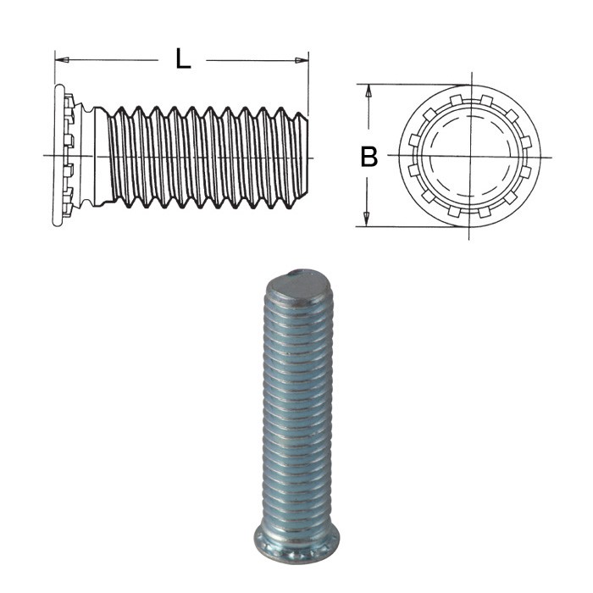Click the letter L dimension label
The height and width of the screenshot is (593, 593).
point(182,59)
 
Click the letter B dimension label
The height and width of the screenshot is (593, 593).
point(369,157)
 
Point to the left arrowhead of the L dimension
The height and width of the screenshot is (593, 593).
point(60,59)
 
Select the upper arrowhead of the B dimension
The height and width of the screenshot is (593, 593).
point(368,90)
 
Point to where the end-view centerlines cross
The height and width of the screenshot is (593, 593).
point(466,157)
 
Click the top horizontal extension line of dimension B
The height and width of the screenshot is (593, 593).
point(407,85)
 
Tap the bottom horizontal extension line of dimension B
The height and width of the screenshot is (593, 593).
point(407,226)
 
